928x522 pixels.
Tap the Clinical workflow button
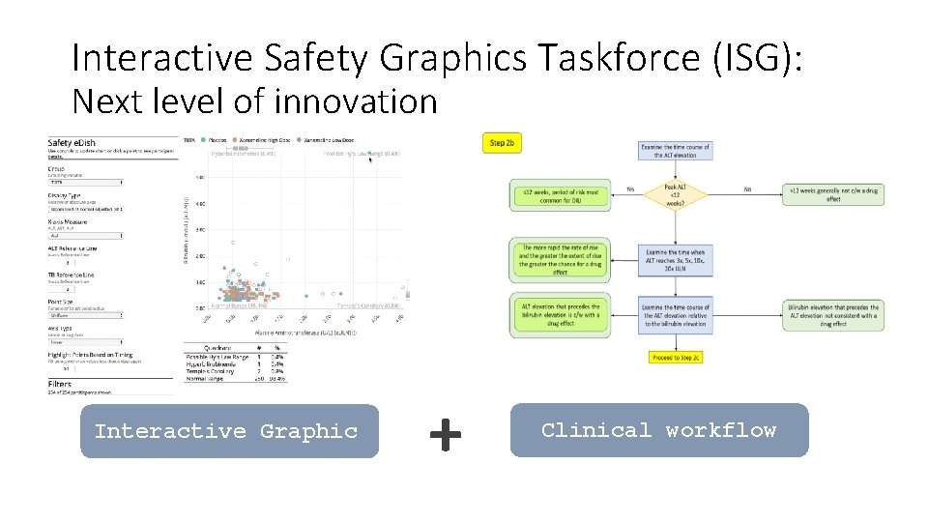(658, 430)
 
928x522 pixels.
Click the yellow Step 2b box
(502, 143)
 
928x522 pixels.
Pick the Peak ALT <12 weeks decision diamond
(675, 195)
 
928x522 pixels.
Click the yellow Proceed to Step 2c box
(676, 357)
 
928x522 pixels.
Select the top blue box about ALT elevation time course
(675, 151)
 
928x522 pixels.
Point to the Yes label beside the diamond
(630, 189)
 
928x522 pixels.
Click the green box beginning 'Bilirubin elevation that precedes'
(833, 314)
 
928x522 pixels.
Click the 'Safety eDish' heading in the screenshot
(72, 143)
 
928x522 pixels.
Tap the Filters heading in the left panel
(60, 384)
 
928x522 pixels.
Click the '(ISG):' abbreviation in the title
(759, 59)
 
